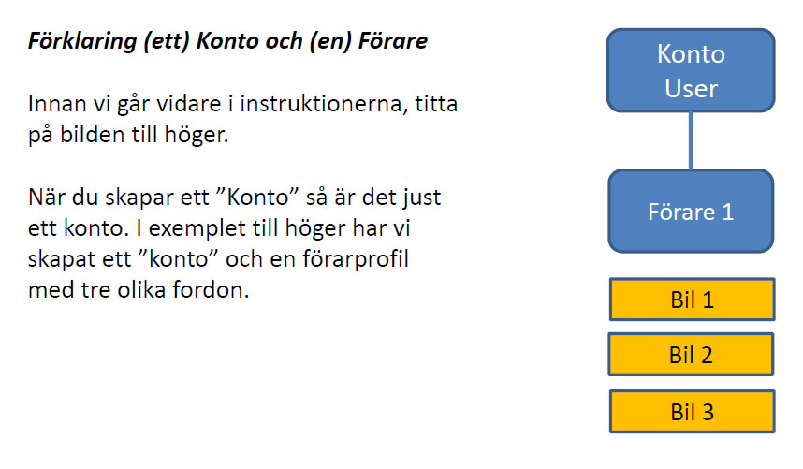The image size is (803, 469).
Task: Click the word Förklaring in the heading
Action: tap(82, 41)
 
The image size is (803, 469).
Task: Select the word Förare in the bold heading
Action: tap(393, 41)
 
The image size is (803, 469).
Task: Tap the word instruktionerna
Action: tap(324, 103)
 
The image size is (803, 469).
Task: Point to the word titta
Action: tap(436, 103)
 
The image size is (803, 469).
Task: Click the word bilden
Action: tap(93, 135)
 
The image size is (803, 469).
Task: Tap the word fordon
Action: tap(211, 290)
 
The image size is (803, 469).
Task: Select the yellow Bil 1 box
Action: tap(692, 300)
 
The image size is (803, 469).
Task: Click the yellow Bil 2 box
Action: tap(691, 354)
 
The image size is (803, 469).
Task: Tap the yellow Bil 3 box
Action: tap(692, 412)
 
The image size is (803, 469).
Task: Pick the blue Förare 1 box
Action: tap(691, 211)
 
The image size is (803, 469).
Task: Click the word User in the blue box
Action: tap(691, 88)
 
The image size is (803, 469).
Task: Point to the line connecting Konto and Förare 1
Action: tap(691, 140)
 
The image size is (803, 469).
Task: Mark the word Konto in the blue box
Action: tap(691, 53)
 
